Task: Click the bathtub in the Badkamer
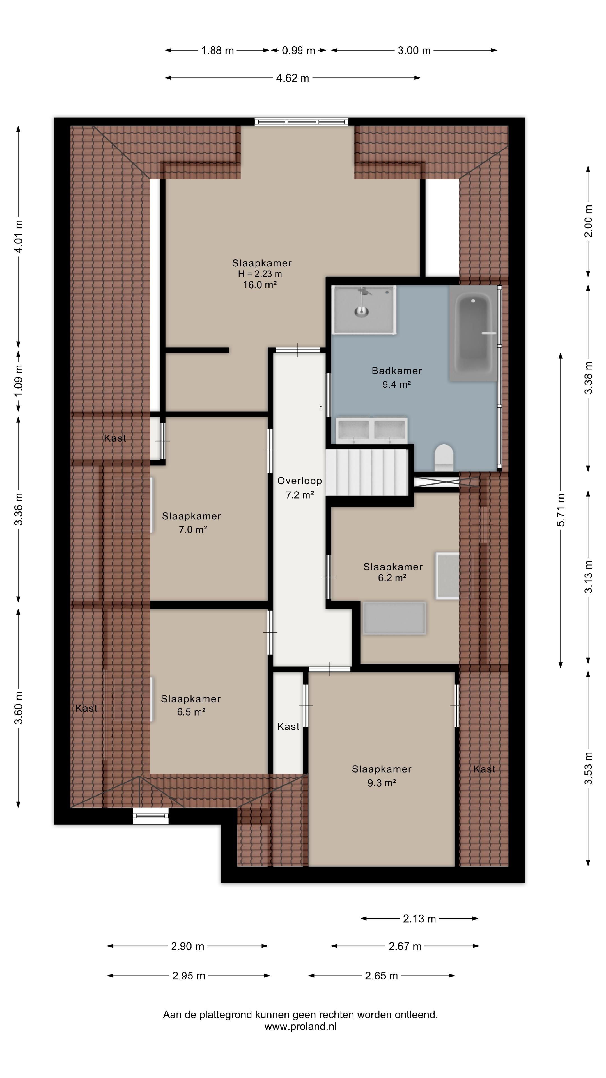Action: [x=473, y=333]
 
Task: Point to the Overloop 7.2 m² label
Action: [x=299, y=488]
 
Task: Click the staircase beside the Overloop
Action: [x=367, y=472]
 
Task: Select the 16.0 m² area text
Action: [x=260, y=285]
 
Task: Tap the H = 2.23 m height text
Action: [x=260, y=274]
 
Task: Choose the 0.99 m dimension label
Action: [x=298, y=51]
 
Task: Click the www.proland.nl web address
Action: [x=300, y=1027]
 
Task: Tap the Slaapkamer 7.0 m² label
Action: [x=192, y=523]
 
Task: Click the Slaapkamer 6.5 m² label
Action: [x=191, y=705]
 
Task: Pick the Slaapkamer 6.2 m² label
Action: [x=393, y=572]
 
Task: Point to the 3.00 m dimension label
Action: [x=414, y=51]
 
